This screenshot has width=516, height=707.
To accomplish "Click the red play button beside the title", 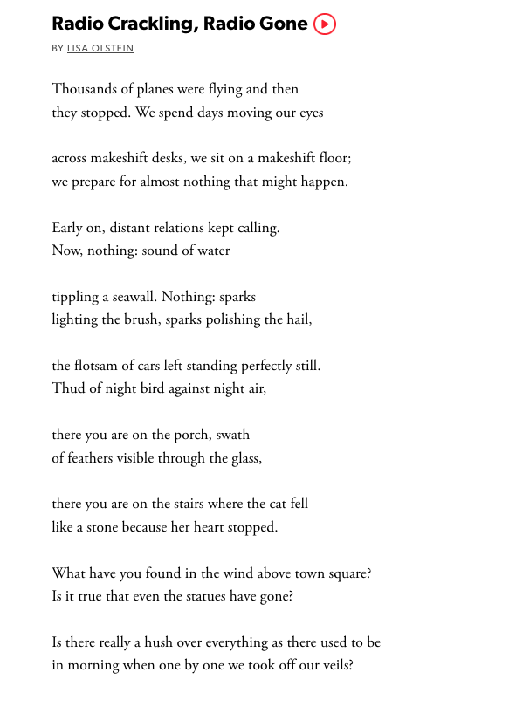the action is point(324,24).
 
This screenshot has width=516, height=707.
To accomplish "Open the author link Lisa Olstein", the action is point(100,49).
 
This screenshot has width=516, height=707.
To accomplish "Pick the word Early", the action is point(68,228).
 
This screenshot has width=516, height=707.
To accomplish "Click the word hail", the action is point(297,319).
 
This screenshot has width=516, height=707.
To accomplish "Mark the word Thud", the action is point(67,388).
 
